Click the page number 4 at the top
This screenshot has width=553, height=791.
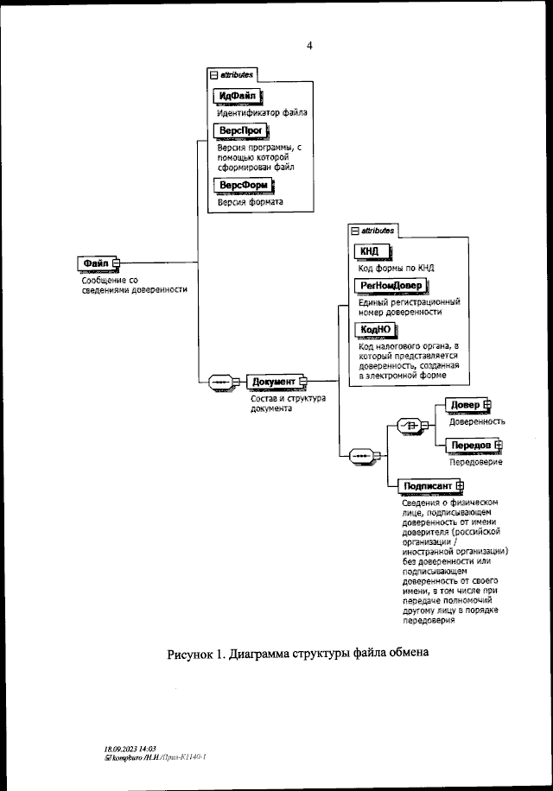pos(309,46)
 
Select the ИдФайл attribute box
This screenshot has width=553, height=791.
pos(238,96)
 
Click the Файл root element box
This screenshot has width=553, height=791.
pos(95,263)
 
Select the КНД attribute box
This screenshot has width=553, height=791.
pos(369,251)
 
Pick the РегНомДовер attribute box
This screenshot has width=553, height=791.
pos(391,286)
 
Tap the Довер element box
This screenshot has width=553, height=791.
pos(466,405)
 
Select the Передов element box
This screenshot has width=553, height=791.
pos(471,445)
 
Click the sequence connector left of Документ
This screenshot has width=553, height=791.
pos(219,381)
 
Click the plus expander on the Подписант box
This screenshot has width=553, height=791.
pos(460,485)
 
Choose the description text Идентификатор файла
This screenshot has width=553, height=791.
pos(262,112)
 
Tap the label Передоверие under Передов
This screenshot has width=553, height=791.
pos(475,462)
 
